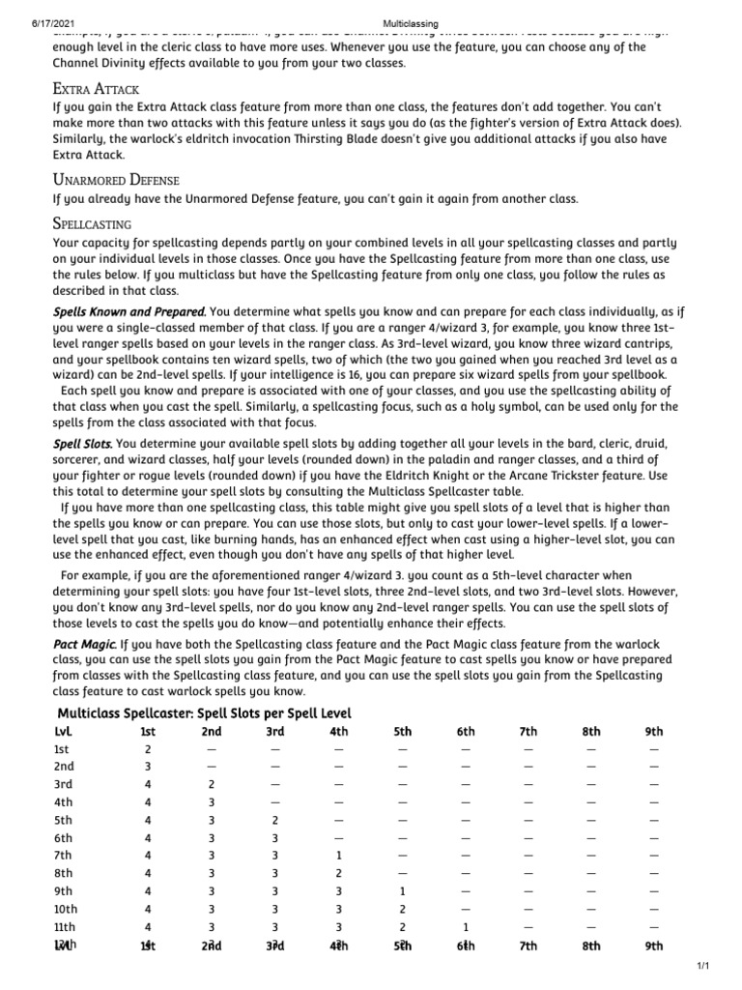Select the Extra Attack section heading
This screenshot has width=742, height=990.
97,87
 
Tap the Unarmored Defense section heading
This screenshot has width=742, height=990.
117,179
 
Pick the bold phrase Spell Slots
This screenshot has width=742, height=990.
82,442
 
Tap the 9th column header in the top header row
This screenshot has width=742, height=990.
654,732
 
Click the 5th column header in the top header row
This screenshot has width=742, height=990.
403,732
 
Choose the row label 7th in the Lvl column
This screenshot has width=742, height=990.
64,856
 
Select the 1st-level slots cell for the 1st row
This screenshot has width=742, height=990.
148,749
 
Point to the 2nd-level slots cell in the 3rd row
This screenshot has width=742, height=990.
212,785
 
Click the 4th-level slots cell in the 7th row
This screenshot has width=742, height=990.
339,856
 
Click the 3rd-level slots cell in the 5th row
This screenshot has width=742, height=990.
274,820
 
